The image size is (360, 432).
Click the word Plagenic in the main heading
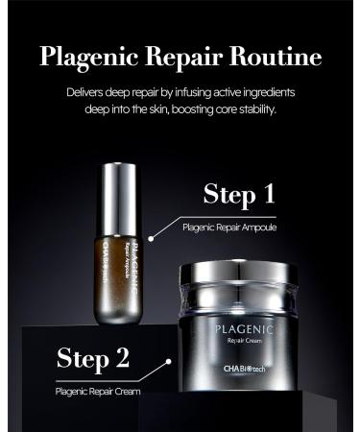(x=88, y=56)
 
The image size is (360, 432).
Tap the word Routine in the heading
(x=275, y=56)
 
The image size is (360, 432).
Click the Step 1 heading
(x=239, y=196)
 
